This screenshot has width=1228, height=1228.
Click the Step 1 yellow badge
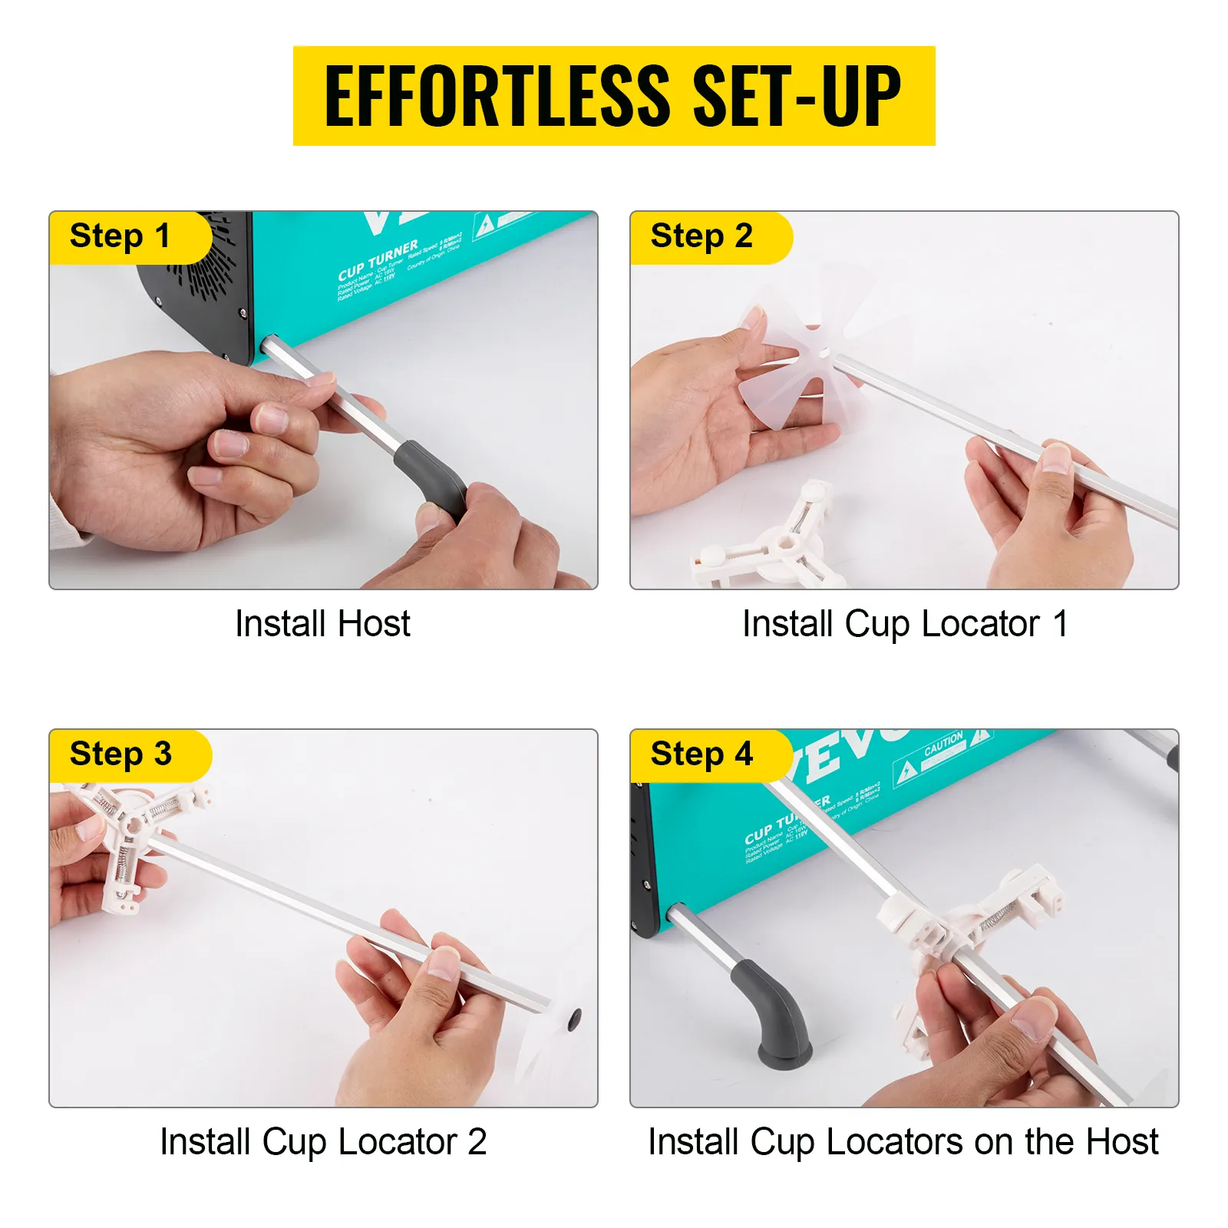(x=120, y=236)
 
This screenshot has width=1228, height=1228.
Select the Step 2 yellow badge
(x=701, y=236)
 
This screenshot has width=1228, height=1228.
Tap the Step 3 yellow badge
(x=120, y=754)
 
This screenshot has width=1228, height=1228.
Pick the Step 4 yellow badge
(x=701, y=754)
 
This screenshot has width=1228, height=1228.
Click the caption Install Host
(x=322, y=623)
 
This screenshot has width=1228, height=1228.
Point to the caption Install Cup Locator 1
(x=904, y=623)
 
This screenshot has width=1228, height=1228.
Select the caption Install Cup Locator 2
(x=322, y=1141)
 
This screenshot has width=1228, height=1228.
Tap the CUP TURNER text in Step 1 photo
(x=378, y=261)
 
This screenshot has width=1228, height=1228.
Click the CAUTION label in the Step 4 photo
(x=943, y=743)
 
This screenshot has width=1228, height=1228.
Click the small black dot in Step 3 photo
(x=574, y=1020)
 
